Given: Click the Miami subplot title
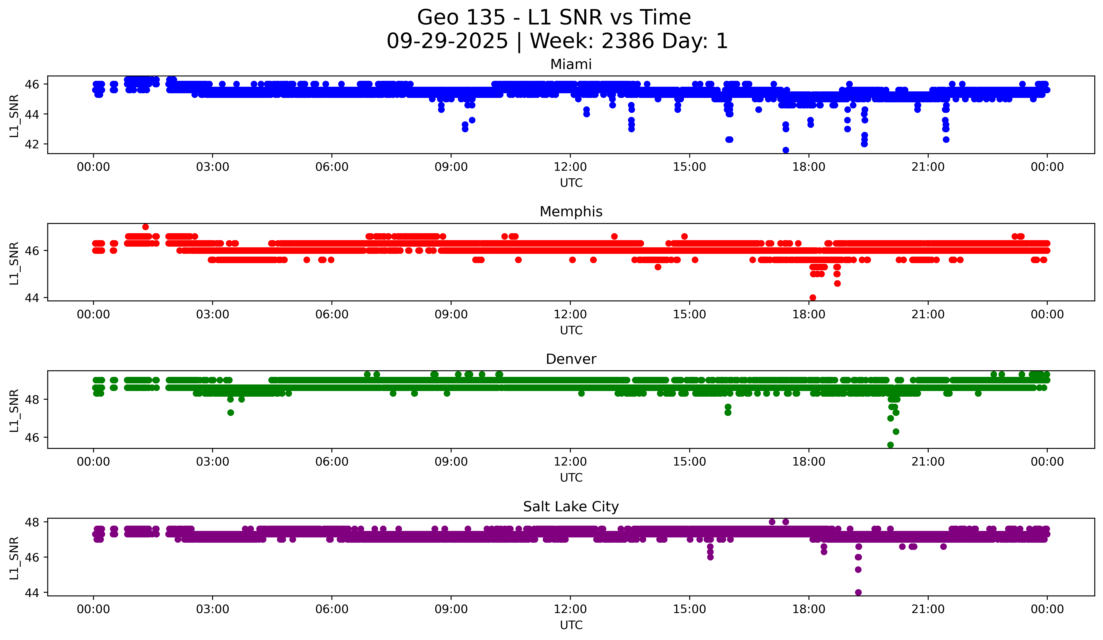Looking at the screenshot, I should click(x=571, y=64).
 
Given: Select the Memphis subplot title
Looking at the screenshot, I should click(x=571, y=212).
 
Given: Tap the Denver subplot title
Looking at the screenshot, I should click(x=571, y=359).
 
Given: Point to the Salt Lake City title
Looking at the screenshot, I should click(x=571, y=507).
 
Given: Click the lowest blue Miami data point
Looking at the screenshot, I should click(x=786, y=150).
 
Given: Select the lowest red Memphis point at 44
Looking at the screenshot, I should click(x=813, y=298).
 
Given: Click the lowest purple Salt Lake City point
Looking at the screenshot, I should click(x=858, y=592).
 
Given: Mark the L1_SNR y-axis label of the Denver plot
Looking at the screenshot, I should click(x=14, y=410).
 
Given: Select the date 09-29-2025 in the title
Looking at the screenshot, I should click(x=447, y=41).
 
